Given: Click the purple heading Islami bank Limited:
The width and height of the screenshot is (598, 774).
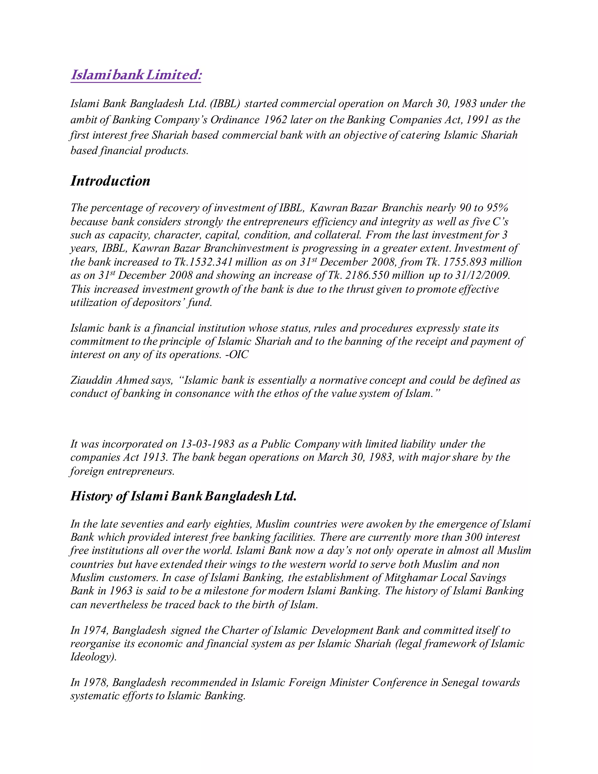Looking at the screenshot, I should click(136, 75).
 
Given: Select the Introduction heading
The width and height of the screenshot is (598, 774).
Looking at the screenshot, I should click(110, 181).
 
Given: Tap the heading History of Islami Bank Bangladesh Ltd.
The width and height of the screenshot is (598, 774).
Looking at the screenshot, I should click(183, 496).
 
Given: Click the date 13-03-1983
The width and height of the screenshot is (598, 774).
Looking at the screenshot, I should click(208, 444).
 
